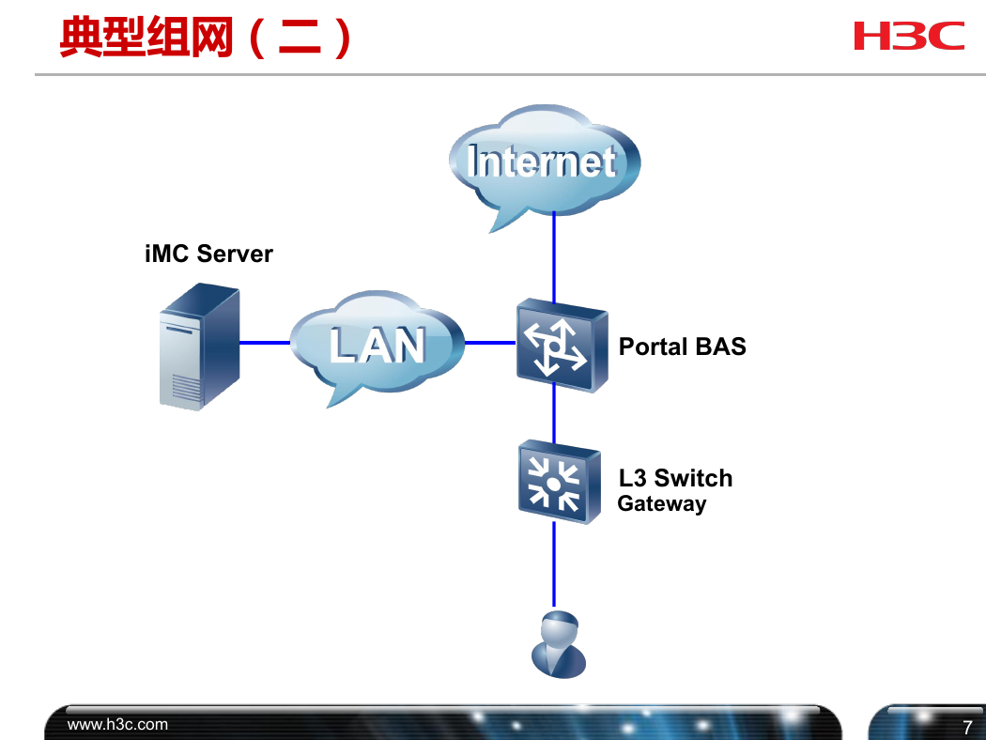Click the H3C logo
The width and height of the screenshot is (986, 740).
click(909, 36)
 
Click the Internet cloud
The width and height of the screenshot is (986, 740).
click(545, 164)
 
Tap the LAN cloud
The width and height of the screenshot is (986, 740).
click(377, 346)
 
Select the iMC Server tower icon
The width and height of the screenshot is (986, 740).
click(199, 347)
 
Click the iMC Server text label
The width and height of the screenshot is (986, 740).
click(208, 254)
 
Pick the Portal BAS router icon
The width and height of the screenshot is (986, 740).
click(562, 346)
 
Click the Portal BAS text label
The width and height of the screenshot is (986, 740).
click(683, 347)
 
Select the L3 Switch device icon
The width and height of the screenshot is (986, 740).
click(559, 482)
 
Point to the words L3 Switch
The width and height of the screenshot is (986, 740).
click(675, 478)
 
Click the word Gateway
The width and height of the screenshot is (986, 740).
click(661, 503)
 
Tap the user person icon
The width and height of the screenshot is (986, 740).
click(559, 644)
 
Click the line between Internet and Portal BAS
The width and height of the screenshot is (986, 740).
click(554, 256)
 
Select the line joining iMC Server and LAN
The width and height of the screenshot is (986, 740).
click(265, 343)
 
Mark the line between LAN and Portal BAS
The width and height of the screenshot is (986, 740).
click(490, 343)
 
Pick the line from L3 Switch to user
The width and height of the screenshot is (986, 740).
click(554, 564)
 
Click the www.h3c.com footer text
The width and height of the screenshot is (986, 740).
click(117, 724)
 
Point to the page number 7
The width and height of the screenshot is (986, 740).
click(968, 728)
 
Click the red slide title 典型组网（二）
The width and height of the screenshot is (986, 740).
click(206, 38)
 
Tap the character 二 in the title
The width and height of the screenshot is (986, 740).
click(300, 38)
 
